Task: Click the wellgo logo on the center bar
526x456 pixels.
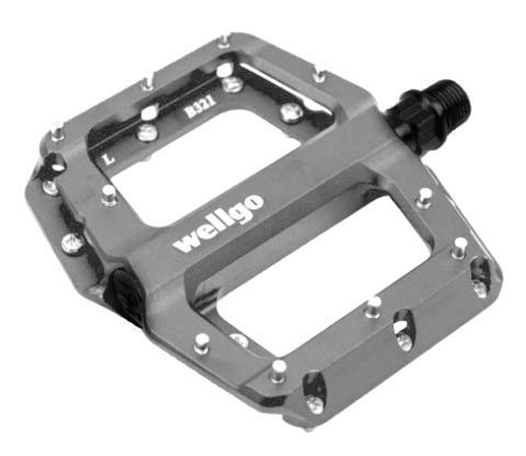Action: coord(218,223)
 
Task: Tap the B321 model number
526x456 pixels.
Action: coord(200,108)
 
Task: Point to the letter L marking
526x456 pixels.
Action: coord(108,159)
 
